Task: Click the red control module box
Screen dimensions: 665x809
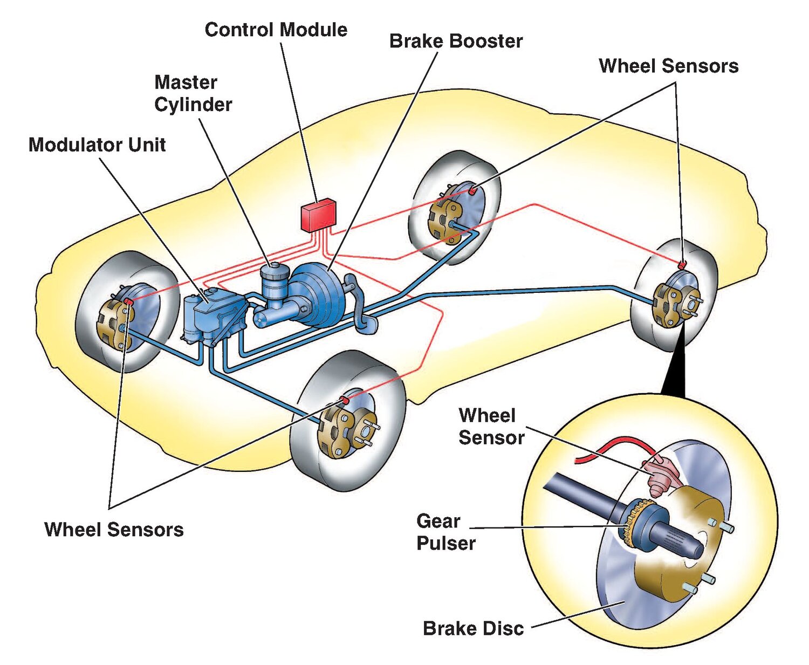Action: click(x=318, y=215)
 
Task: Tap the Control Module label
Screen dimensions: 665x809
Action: click(x=276, y=30)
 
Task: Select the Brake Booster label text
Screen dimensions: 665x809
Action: click(x=456, y=41)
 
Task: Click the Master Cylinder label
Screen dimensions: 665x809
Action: click(x=193, y=93)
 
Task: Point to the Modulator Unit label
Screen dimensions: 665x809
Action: click(x=97, y=145)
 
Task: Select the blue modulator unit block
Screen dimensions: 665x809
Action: click(x=208, y=316)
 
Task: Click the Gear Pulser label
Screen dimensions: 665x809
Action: click(x=445, y=532)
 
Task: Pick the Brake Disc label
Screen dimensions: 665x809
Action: click(x=473, y=628)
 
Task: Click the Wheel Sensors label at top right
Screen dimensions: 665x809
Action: click(x=668, y=66)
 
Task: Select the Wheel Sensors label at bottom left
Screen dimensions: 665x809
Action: click(x=114, y=529)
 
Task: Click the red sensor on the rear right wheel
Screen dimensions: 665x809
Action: click(x=682, y=265)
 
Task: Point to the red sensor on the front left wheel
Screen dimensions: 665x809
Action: click(x=127, y=301)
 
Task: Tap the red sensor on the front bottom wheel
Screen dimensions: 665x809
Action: click(x=344, y=400)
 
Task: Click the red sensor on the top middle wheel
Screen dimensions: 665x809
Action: click(x=472, y=190)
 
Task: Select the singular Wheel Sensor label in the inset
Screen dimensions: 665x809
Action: click(x=491, y=426)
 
